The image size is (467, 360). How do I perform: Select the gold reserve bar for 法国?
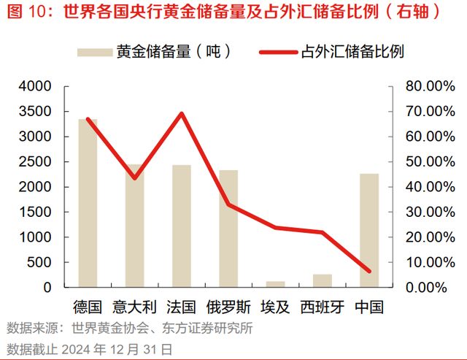(x=182, y=226)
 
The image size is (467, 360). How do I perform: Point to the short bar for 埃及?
(x=275, y=284)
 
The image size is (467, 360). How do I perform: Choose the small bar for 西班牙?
(x=322, y=280)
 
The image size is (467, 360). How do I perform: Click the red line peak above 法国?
(x=182, y=113)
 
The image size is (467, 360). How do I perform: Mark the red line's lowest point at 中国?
(x=369, y=272)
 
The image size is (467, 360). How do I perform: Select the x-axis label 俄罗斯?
(x=228, y=306)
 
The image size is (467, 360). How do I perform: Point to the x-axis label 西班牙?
(x=322, y=306)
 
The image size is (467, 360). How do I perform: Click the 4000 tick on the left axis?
(x=36, y=86)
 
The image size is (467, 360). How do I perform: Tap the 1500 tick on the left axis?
(x=36, y=212)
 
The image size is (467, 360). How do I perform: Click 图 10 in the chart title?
(x=25, y=12)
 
